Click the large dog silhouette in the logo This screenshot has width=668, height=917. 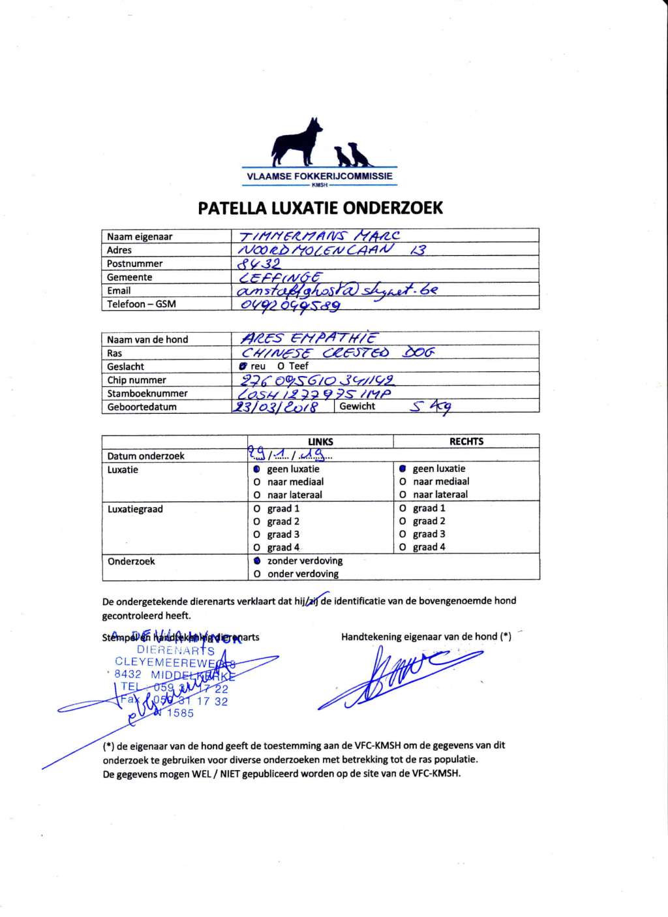(297, 142)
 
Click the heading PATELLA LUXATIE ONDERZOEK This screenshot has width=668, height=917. (320, 208)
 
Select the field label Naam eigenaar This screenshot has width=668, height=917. (140, 237)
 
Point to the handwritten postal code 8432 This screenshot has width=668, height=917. (258, 264)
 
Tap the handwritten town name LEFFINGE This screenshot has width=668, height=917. (280, 277)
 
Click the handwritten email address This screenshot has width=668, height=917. (336, 290)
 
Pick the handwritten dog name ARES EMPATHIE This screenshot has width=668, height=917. (309, 338)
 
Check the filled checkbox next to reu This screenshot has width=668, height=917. (243, 366)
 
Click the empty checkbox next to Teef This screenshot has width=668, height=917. (281, 366)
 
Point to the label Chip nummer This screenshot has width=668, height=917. (137, 380)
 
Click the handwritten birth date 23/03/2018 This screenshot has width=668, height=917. (275, 407)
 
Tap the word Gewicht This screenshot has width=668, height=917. (357, 406)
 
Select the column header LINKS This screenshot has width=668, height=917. (320, 442)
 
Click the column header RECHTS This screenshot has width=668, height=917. (466, 442)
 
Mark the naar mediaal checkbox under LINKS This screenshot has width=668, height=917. (257, 482)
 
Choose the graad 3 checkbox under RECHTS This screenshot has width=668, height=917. (402, 535)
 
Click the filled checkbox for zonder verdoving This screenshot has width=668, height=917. (257, 561)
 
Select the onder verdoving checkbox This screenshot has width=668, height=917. (257, 574)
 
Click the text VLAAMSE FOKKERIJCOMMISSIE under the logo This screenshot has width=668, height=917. (320, 176)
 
